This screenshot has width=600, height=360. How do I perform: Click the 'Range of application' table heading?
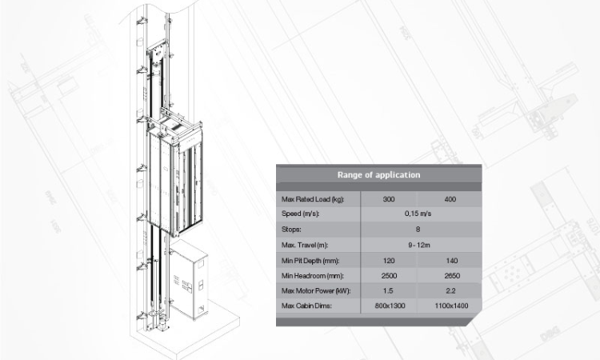(x=378, y=175)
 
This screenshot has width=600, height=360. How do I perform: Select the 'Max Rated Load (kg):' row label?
(x=313, y=199)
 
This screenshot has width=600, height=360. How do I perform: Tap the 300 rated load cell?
(x=388, y=199)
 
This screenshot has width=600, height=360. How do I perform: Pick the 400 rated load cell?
(x=450, y=199)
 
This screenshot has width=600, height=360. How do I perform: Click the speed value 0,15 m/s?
(x=418, y=214)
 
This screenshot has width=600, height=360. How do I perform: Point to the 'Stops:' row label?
(x=291, y=229)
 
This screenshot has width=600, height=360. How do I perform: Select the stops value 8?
(x=418, y=229)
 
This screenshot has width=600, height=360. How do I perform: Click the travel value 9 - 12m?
(x=419, y=245)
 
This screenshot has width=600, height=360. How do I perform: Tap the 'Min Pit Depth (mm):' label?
(x=310, y=261)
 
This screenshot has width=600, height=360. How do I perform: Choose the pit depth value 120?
(x=388, y=261)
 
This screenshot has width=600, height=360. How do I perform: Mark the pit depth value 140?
(x=451, y=261)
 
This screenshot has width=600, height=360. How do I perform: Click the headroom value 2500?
(x=389, y=276)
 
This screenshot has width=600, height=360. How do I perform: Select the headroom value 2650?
(x=452, y=276)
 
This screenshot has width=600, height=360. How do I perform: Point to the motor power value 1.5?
(x=388, y=290)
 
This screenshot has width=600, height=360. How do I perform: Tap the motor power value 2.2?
(x=450, y=290)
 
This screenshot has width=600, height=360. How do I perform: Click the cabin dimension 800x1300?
(x=390, y=306)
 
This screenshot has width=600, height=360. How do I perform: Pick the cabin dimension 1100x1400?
(x=451, y=306)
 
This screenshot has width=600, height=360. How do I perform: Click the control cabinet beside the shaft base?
(x=189, y=281)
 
